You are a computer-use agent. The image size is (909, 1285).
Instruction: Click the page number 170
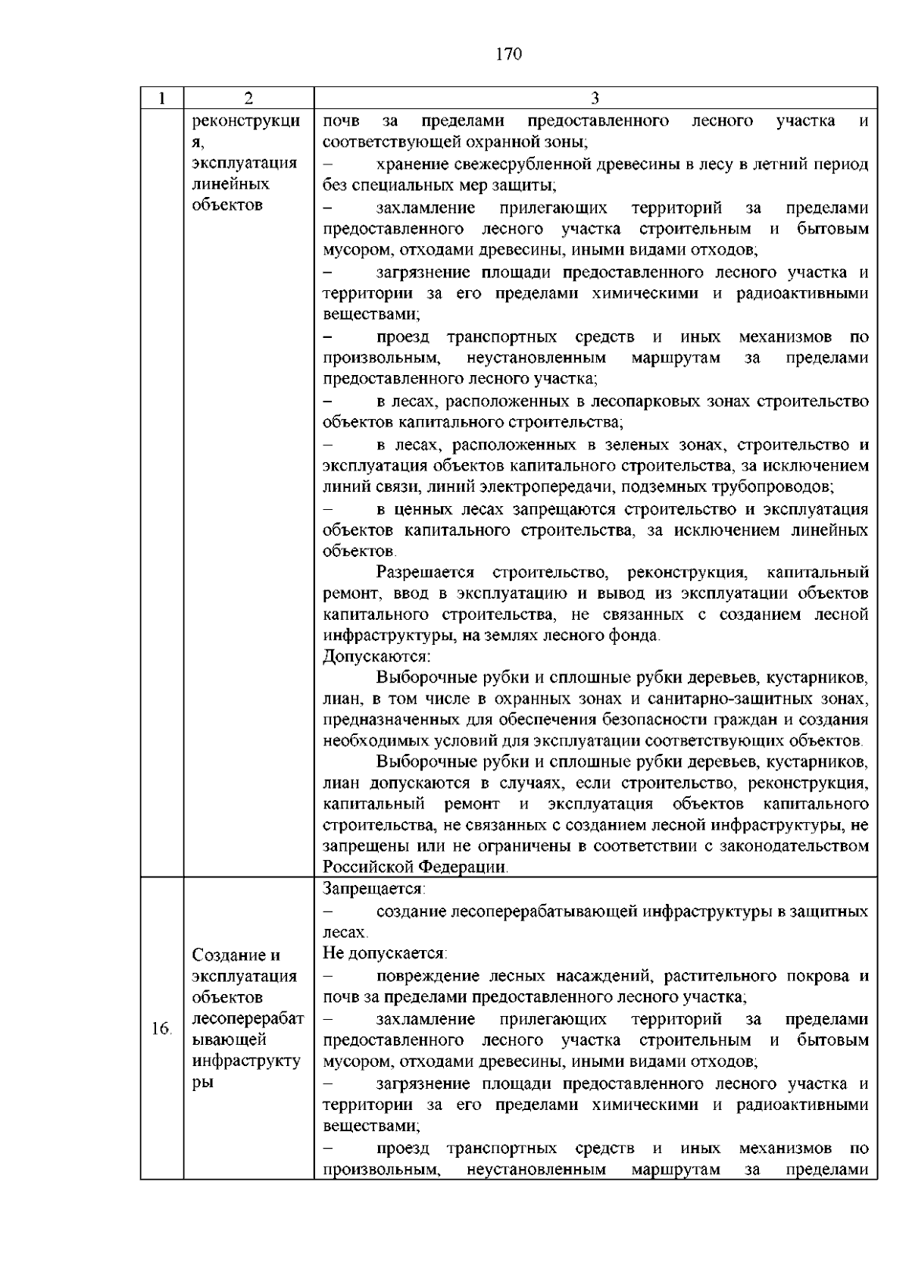pos(509,54)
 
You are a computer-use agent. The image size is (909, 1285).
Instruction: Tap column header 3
pos(595,98)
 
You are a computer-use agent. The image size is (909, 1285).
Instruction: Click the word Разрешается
pos(425,572)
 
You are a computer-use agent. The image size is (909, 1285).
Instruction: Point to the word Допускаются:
pos(376,656)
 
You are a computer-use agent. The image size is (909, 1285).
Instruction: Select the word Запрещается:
pos(374,889)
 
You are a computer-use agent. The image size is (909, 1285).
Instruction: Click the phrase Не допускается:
pos(385,952)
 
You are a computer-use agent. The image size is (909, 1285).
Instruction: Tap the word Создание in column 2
pos(226,955)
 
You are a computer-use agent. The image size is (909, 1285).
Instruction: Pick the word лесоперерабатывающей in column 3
pos(545,911)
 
